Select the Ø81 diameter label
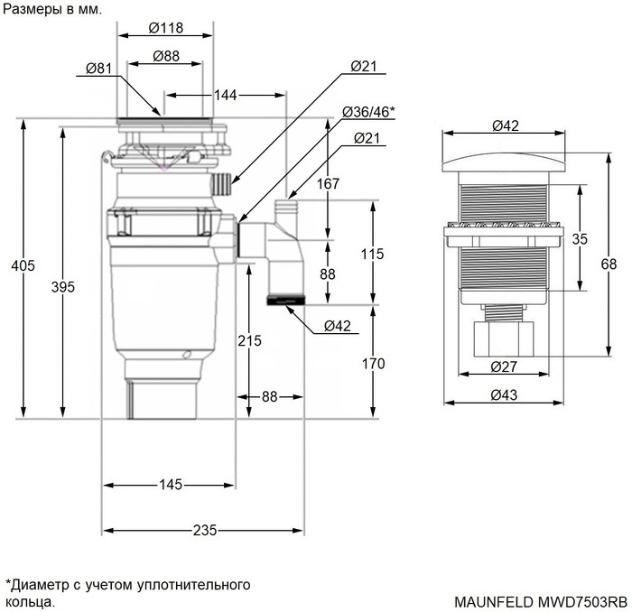pyautogui.click(x=99, y=68)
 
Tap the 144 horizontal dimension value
pyautogui.click(x=227, y=94)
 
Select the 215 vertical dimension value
pyautogui.click(x=249, y=340)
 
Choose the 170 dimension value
pyautogui.click(x=373, y=364)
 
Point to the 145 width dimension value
pyautogui.click(x=171, y=485)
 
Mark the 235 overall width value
pyautogui.click(x=205, y=530)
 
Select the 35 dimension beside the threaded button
pyautogui.click(x=580, y=239)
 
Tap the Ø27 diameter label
pyautogui.click(x=503, y=366)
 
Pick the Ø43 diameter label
pyautogui.click(x=503, y=395)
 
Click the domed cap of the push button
pyautogui.click(x=503, y=161)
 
